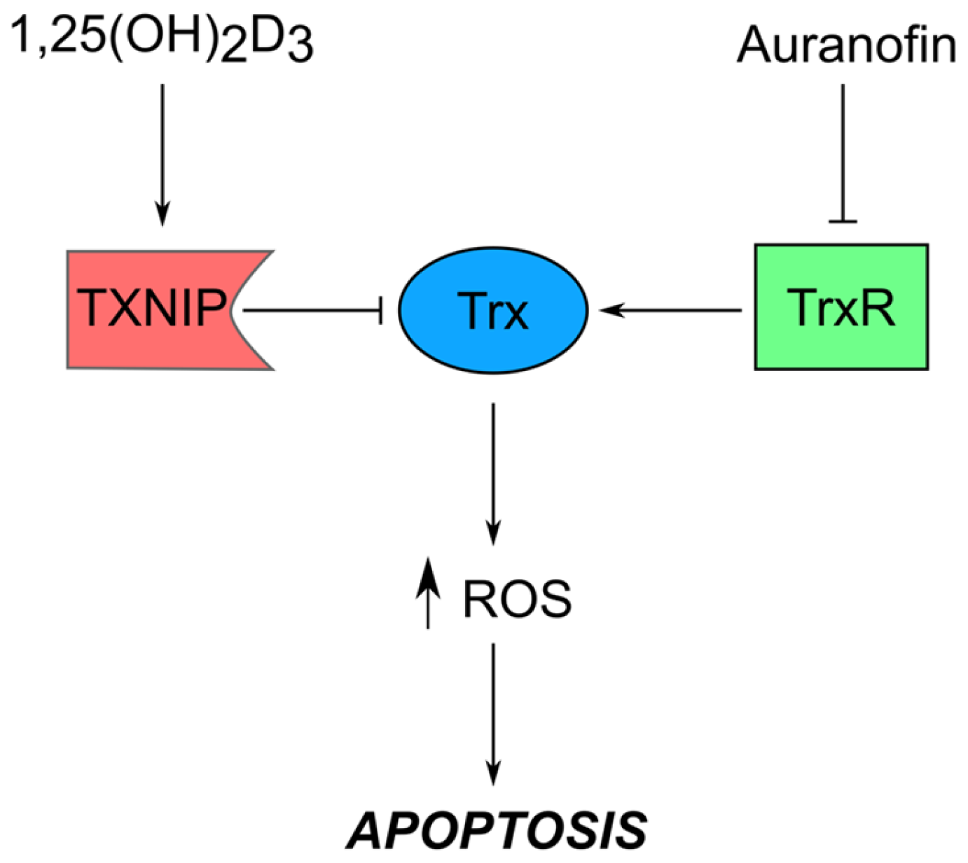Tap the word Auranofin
click(846, 45)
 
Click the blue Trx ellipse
click(493, 309)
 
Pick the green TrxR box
click(841, 307)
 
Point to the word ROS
click(517, 599)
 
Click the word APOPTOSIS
click(497, 830)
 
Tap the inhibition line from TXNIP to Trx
click(312, 309)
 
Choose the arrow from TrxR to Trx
click(672, 309)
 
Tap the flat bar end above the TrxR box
click(843, 222)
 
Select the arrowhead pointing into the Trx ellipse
click(609, 309)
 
